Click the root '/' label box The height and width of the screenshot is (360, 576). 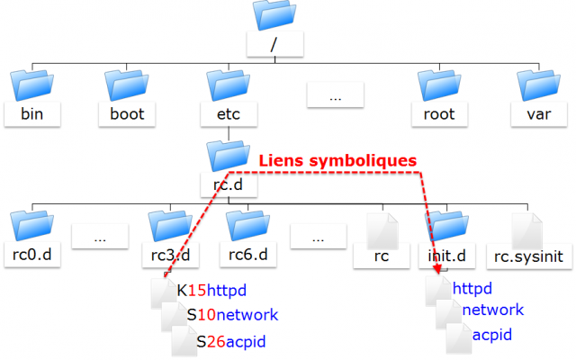tap(274, 44)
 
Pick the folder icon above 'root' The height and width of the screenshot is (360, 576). tap(438, 85)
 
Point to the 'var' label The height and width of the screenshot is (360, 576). tap(536, 114)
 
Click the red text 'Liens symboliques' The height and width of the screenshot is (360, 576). tap(337, 160)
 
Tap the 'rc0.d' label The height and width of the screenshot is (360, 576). tap(33, 256)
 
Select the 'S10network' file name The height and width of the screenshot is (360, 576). tap(232, 316)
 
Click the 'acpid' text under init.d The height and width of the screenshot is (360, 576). tap(492, 335)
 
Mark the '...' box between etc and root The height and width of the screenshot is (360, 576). tap(334, 94)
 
